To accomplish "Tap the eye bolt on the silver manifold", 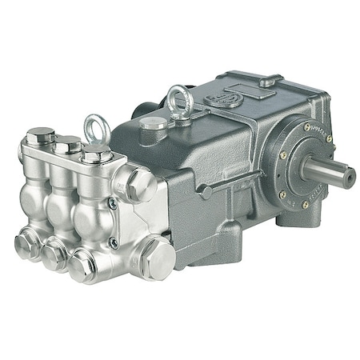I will pos(95,128).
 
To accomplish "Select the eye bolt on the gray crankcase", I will pos(179,99).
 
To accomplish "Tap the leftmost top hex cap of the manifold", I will pos(39,137).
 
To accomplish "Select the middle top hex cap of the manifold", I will pos(67,145).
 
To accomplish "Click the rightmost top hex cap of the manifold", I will pos(97,153).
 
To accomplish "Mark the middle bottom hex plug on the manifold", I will pos(54,254).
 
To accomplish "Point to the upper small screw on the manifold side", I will pos(113,202).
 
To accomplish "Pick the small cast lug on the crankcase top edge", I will pos(271,79).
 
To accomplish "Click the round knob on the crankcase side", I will pos(206,192).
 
